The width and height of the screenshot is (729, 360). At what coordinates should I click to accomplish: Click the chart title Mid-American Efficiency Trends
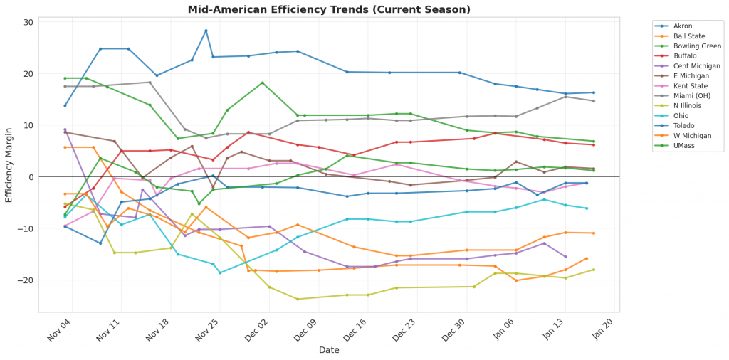pyautogui.click(x=329, y=9)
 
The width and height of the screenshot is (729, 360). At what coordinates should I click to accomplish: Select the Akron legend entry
pyautogui.click(x=683, y=26)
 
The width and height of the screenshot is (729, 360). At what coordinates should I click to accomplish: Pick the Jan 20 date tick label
pyautogui.click(x=602, y=332)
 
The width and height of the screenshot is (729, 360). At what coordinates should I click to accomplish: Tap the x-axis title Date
pyautogui.click(x=329, y=350)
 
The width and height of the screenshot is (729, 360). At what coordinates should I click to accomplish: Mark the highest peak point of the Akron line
pyautogui.click(x=206, y=31)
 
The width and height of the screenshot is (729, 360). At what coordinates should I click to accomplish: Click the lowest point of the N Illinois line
pyautogui.click(x=298, y=299)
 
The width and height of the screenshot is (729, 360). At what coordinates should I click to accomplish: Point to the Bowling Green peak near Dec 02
pyautogui.click(x=263, y=83)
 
